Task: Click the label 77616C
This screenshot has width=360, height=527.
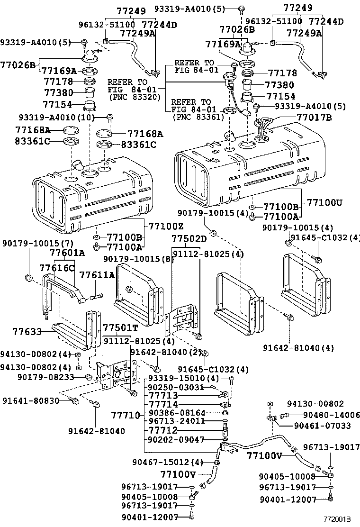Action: [57, 268]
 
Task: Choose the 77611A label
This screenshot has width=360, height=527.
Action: [97, 275]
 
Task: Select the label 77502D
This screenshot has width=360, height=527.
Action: [189, 238]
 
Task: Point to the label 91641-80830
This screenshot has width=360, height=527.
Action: [30, 400]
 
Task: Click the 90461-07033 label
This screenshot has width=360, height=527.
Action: [322, 426]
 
